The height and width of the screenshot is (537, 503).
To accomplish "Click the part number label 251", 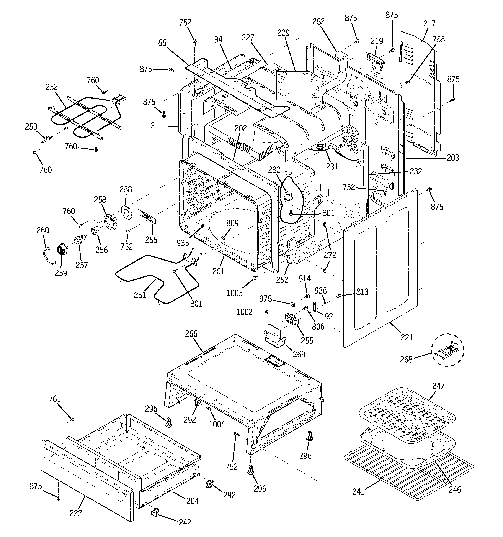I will pos(140,295).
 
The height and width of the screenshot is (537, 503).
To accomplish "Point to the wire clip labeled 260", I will pos(49,253).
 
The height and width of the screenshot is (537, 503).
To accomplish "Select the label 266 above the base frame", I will pos(191,334).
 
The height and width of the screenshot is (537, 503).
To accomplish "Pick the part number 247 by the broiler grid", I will pos(438,386).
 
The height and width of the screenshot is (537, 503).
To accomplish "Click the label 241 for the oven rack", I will pos(358,492).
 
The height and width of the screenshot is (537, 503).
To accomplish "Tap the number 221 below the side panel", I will pos(407,337).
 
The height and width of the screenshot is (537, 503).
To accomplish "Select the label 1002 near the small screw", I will pos(245,312).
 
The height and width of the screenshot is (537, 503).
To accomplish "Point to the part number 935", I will pos(183,243).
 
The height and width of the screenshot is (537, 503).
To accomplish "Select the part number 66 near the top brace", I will pos(162,43).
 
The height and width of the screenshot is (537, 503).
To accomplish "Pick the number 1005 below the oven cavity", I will pos(234,293).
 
